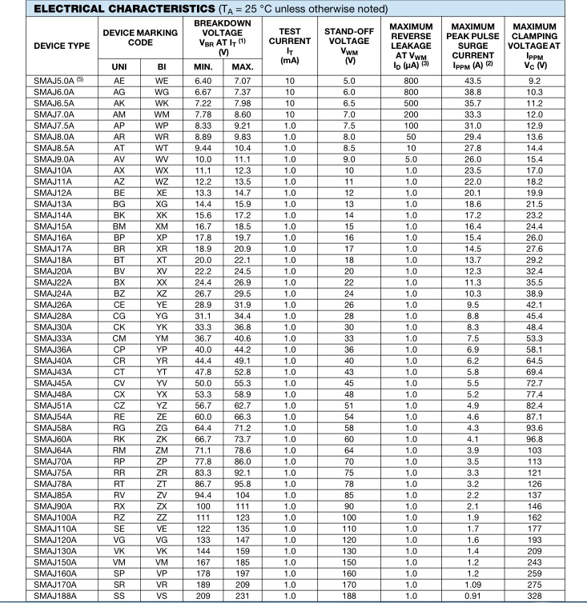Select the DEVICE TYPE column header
tap(45, 46)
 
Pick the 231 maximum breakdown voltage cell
tap(243, 595)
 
